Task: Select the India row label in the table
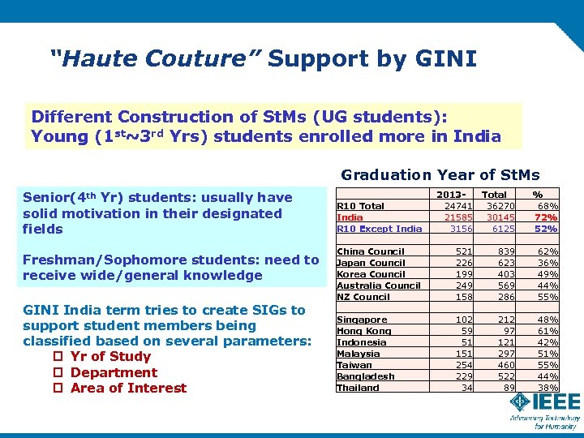(350, 217)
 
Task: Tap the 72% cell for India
(546, 217)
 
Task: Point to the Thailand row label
(358, 388)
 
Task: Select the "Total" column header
(494, 195)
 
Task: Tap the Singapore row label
(362, 320)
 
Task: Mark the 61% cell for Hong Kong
(546, 331)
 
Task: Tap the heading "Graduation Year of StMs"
(440, 174)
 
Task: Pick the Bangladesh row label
(365, 376)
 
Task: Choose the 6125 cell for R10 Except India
(503, 229)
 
